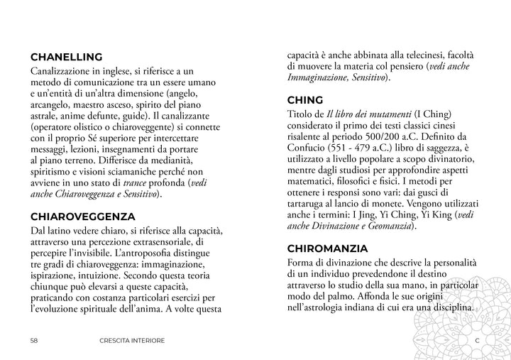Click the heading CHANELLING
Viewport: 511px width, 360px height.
[x=67, y=57]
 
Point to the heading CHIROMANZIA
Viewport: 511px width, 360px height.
[x=327, y=249]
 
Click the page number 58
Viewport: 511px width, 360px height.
[x=34, y=341]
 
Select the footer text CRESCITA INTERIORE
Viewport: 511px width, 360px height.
[x=133, y=341]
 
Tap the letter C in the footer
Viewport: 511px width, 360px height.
[x=477, y=341]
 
